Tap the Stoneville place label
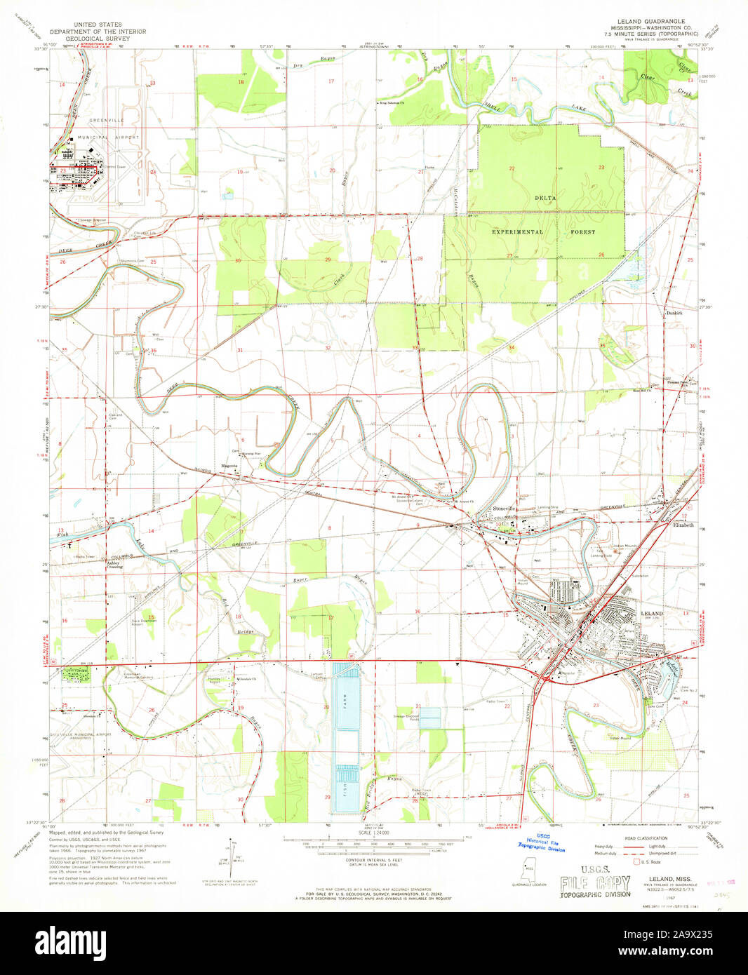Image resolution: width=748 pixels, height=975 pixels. click(x=504, y=508)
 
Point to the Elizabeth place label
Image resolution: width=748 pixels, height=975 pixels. click(x=683, y=525)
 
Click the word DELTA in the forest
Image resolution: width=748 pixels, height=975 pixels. click(x=545, y=198)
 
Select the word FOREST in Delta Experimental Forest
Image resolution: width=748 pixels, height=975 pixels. click(x=582, y=231)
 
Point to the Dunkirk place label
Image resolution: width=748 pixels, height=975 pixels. click(x=674, y=313)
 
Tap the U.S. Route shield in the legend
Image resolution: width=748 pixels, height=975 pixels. click(x=637, y=861)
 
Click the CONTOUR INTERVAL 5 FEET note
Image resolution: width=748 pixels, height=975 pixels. click(x=373, y=861)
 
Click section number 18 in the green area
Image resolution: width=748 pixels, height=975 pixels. click(x=241, y=82)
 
